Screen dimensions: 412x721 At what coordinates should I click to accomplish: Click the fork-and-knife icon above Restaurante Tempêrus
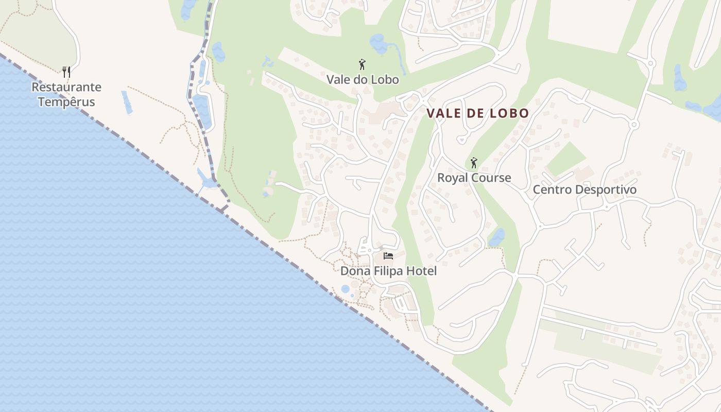click(66, 71)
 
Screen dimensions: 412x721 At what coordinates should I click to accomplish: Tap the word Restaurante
click(66, 87)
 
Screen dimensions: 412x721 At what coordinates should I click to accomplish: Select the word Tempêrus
click(66, 101)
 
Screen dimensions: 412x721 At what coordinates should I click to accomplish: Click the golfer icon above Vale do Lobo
click(362, 65)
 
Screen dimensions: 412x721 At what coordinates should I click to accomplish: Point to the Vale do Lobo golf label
click(363, 80)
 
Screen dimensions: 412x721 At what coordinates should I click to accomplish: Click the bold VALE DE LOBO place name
click(477, 113)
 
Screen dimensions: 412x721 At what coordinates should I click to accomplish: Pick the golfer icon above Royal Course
click(474, 163)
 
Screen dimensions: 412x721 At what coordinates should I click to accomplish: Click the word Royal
click(453, 178)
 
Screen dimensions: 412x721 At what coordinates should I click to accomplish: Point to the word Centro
click(552, 190)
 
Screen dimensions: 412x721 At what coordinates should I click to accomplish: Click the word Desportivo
click(606, 190)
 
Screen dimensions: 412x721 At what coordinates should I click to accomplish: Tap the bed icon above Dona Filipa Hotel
click(388, 256)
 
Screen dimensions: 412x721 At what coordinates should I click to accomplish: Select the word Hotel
click(421, 271)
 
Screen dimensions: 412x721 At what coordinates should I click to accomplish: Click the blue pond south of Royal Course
click(496, 237)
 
